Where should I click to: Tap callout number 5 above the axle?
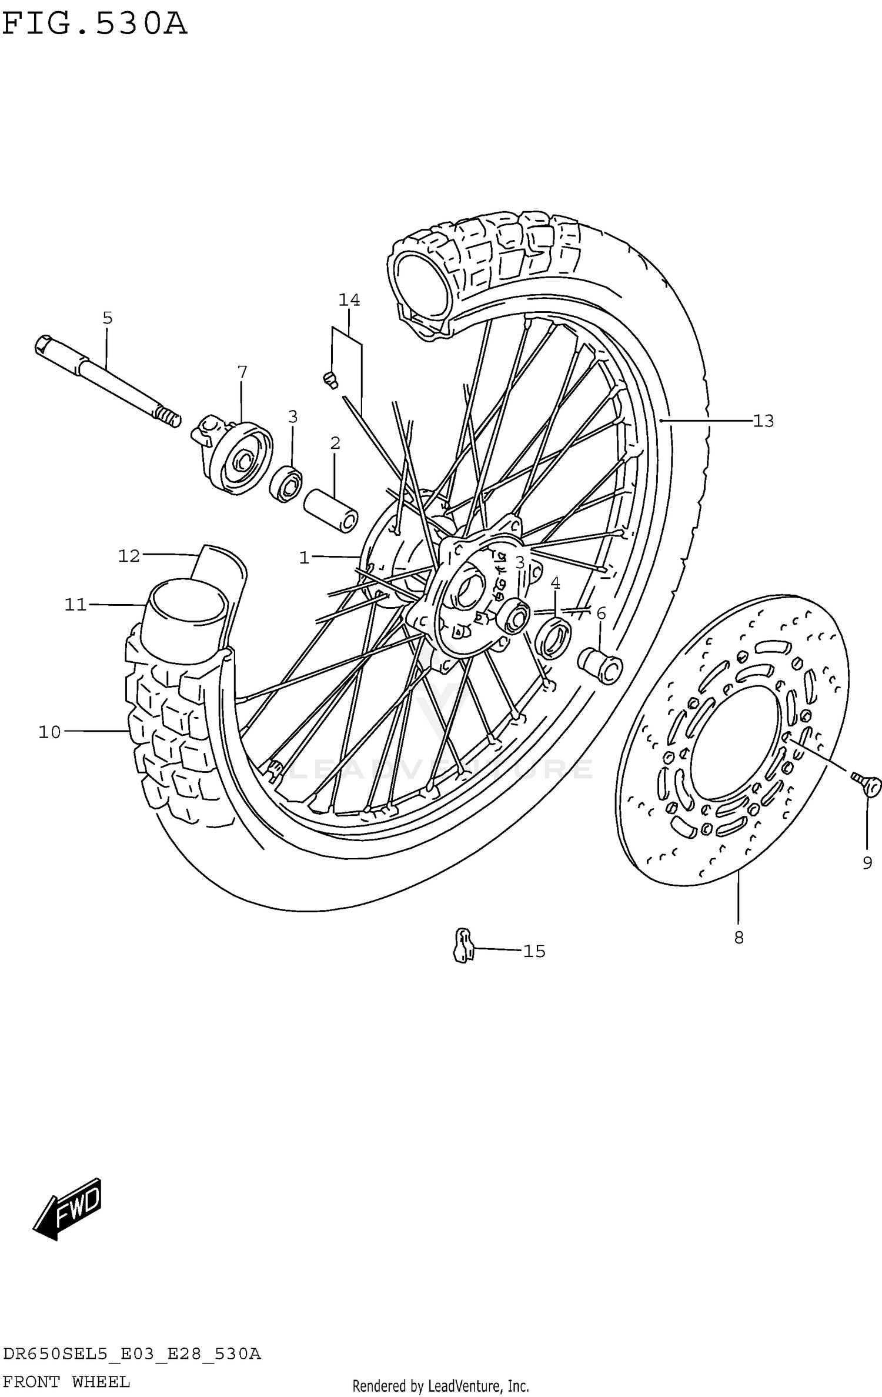coord(107,318)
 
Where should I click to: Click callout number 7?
coord(242,372)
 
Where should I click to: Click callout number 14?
coord(349,299)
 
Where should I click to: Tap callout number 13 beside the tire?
coord(763,421)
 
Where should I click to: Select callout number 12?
coord(129,555)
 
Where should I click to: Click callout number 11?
coord(76,604)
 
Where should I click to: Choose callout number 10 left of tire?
coord(50,732)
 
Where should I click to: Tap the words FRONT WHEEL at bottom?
coord(66,1381)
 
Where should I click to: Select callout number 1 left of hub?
coord(304,558)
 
